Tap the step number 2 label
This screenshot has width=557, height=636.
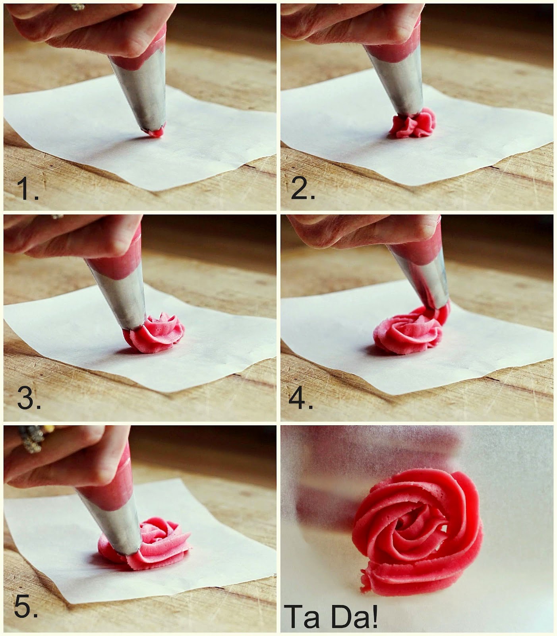click(x=302, y=189)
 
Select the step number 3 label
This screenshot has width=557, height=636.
click(x=29, y=399)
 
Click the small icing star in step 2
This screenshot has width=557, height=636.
click(x=413, y=124)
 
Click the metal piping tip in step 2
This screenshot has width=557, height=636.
click(x=397, y=83)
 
